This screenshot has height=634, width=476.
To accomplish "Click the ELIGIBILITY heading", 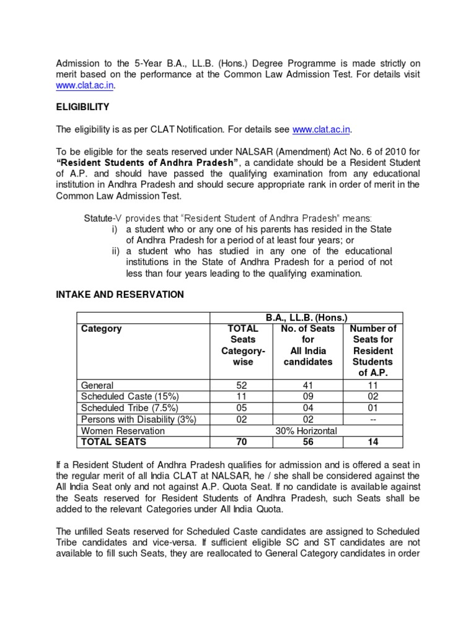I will [x=82, y=107].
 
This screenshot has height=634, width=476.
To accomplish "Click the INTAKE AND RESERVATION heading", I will [x=120, y=295].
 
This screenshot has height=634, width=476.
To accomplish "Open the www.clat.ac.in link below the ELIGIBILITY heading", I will [x=321, y=129].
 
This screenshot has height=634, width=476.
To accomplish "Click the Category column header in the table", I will [x=102, y=329].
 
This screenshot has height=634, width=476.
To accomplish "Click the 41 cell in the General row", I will [x=308, y=385].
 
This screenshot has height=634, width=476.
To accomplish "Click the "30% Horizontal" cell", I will [x=308, y=430].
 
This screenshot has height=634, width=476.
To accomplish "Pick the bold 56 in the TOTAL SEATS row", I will [x=308, y=441].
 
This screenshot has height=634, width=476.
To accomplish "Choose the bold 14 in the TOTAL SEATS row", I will [x=372, y=441].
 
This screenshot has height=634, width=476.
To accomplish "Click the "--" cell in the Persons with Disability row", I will [x=372, y=419].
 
